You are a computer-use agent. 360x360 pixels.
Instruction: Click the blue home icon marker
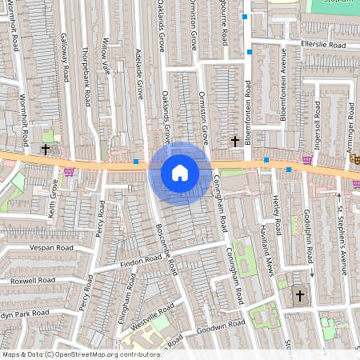pyautogui.click(x=180, y=172)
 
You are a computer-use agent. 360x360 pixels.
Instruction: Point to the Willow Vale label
pyautogui.click(x=106, y=55)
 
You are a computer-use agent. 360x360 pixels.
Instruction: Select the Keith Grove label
pyautogui.click(x=54, y=199)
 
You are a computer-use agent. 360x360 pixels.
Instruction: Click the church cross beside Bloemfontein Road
pyautogui.click(x=235, y=141)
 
